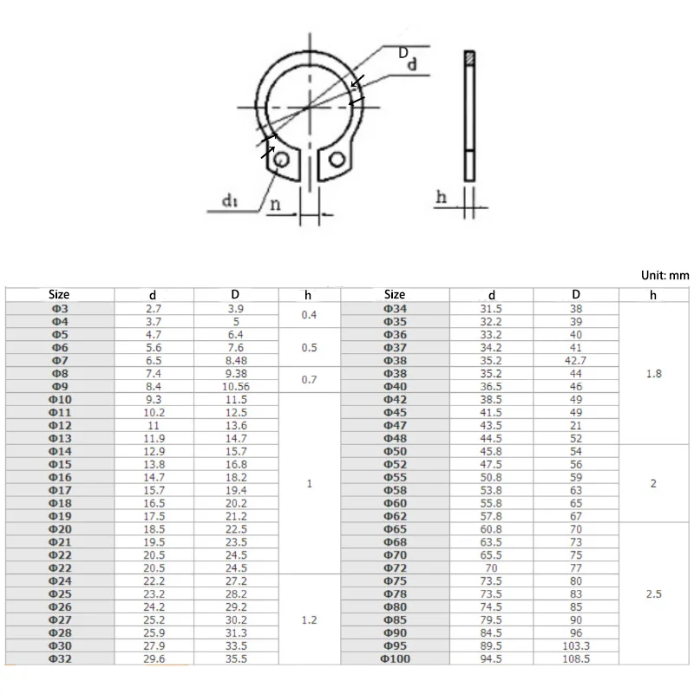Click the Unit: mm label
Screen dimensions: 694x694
pyautogui.click(x=665, y=275)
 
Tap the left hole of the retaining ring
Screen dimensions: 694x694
pyautogui.click(x=279, y=160)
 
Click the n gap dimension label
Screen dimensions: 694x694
pyautogui.click(x=274, y=205)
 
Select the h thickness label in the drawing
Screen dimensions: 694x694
pyautogui.click(x=442, y=198)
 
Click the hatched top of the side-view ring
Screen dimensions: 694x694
pyautogui.click(x=468, y=59)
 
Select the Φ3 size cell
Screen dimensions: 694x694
pyautogui.click(x=59, y=309)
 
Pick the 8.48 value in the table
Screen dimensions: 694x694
pyautogui.click(x=235, y=359)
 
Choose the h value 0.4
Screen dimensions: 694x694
pyautogui.click(x=309, y=315)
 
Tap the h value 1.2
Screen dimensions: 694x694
pyautogui.click(x=309, y=622)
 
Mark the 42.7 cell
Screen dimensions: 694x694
pyautogui.click(x=575, y=359)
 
